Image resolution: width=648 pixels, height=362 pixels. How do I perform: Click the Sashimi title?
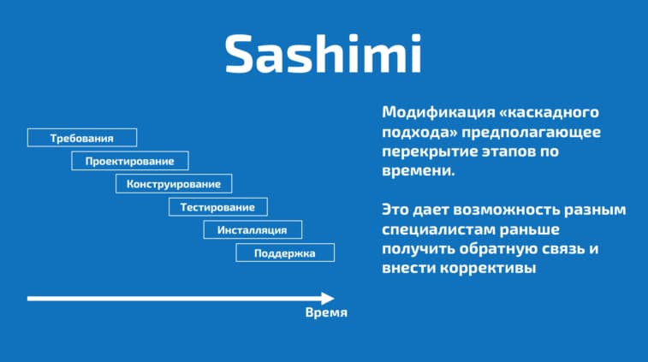[323, 53]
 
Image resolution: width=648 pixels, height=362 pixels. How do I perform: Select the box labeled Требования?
[82, 138]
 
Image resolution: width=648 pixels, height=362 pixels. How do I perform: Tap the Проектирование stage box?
[129, 161]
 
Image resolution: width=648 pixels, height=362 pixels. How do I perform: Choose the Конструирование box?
[174, 184]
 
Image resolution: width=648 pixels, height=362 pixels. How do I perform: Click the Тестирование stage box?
[217, 207]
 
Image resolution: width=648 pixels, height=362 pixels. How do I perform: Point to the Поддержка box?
[285, 253]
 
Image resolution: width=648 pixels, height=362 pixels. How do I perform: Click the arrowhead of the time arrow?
[327, 299]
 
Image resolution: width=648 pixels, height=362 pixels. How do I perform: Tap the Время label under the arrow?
[326, 313]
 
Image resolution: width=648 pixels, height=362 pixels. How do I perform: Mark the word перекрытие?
[430, 151]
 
